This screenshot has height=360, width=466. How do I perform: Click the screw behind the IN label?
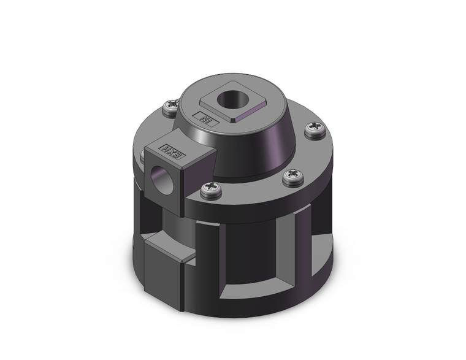click(x=170, y=109)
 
